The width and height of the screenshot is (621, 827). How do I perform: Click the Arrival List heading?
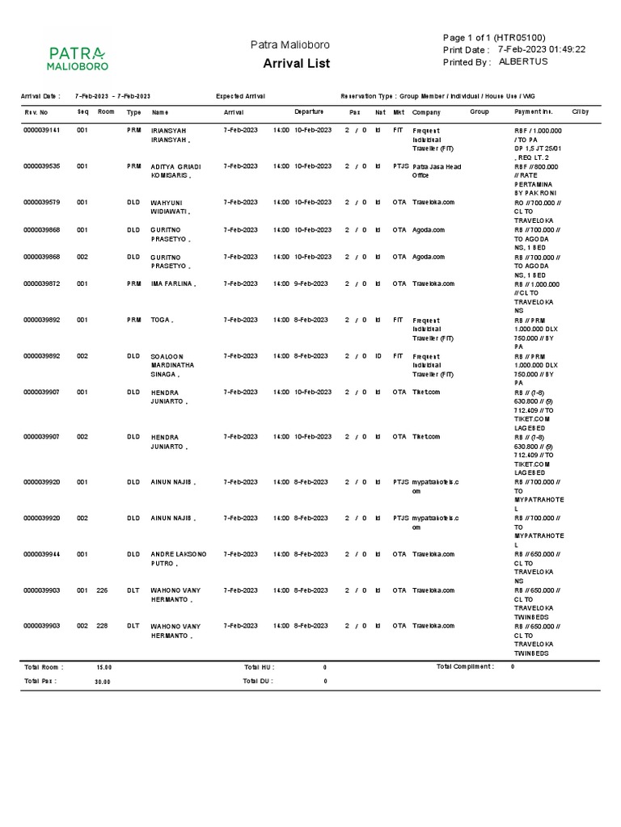point(296,64)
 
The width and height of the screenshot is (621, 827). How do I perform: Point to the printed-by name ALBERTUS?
point(523,61)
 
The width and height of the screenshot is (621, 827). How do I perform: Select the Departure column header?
point(309,111)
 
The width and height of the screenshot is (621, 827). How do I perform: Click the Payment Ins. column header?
point(534,111)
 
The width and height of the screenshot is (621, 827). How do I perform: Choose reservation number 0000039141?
point(41,130)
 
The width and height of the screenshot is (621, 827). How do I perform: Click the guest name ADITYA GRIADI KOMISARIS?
point(175,170)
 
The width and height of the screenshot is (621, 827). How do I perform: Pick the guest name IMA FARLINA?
point(174,283)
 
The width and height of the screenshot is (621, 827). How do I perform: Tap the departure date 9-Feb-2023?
point(311,283)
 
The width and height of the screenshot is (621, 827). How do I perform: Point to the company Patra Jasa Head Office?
point(437,170)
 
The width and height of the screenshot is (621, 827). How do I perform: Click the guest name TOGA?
point(163,320)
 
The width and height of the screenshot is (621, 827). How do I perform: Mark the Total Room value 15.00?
point(104,667)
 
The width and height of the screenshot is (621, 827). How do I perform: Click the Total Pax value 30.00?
point(103,682)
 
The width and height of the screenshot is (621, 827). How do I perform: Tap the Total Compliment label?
point(464,666)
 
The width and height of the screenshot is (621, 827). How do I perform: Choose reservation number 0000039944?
point(41,554)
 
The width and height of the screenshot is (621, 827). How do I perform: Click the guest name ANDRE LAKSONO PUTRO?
point(178,559)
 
